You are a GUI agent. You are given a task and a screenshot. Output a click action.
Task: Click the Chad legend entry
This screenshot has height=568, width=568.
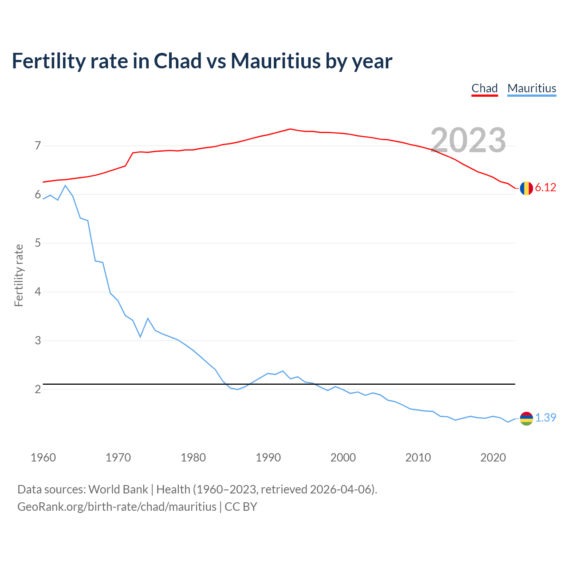pos(485,88)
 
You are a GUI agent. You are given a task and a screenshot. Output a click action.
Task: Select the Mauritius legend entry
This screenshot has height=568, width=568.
pos(532,88)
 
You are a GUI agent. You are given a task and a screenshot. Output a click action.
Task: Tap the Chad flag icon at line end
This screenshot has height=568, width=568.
pos(526,188)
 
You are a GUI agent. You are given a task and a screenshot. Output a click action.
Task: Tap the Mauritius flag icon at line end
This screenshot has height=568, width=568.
pos(526,418)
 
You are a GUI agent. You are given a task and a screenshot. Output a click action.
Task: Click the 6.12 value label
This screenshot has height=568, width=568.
pos(545,188)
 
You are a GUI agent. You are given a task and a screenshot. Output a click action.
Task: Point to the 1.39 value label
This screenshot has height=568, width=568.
pos(545,418)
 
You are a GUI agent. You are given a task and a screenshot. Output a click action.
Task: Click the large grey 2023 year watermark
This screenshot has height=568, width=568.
pos(468,140)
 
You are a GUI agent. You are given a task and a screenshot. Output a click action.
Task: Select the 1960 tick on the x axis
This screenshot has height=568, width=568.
pos(43,458)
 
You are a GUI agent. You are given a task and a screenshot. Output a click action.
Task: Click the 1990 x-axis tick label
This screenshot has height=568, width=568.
pos(268,458)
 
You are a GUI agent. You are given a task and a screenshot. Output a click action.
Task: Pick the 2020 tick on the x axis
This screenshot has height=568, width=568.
pos(493,458)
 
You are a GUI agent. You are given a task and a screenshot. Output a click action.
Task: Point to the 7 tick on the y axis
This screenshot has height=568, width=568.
pos(38,146)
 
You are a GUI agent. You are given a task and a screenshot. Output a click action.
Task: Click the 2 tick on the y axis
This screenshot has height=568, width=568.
pos(38,389)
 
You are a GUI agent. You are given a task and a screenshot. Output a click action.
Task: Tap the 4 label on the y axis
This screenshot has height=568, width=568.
pos(38,292)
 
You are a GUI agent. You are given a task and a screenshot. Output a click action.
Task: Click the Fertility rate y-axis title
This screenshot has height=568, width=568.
pos(19,275)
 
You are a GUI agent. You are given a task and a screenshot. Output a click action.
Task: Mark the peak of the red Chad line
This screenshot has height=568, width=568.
pos(290,129)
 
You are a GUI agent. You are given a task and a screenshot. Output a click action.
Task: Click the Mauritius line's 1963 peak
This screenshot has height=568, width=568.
pos(65,185)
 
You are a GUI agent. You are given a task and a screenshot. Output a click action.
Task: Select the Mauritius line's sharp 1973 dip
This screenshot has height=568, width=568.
pos(140,337)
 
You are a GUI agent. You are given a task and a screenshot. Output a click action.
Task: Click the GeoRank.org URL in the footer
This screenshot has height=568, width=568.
pos(117,506)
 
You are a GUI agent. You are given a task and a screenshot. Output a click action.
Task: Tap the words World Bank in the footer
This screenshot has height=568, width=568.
pos(118,489)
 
